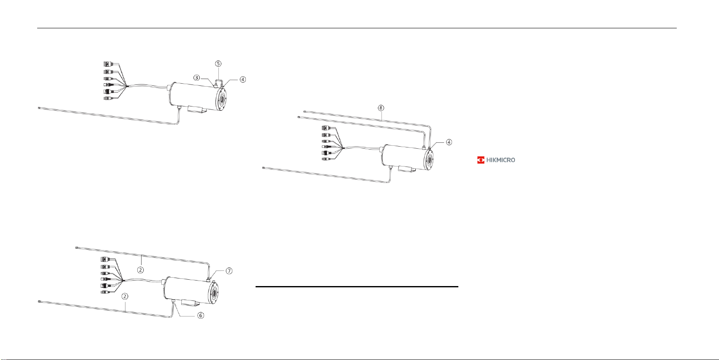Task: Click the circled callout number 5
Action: (x=218, y=63)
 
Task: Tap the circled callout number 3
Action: (x=196, y=78)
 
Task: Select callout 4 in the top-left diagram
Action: (x=242, y=79)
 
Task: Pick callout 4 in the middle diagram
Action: (x=449, y=142)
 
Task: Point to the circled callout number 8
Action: (x=381, y=108)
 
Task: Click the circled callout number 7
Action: (x=229, y=271)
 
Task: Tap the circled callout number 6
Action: (x=201, y=315)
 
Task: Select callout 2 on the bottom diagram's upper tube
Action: (x=140, y=270)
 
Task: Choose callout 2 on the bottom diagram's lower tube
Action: (x=125, y=296)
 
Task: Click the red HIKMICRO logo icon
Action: (x=480, y=160)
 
